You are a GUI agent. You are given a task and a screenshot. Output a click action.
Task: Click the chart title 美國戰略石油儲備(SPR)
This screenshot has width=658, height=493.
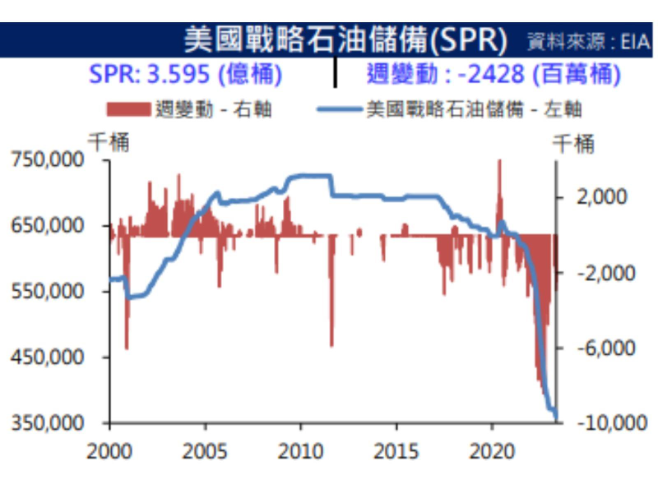346,39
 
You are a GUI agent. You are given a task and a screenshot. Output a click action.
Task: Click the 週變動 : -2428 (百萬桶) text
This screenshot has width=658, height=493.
493,74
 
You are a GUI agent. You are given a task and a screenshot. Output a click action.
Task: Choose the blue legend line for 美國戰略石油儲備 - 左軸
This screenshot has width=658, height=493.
338,109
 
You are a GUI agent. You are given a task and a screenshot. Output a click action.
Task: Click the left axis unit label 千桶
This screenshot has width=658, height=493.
109,141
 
